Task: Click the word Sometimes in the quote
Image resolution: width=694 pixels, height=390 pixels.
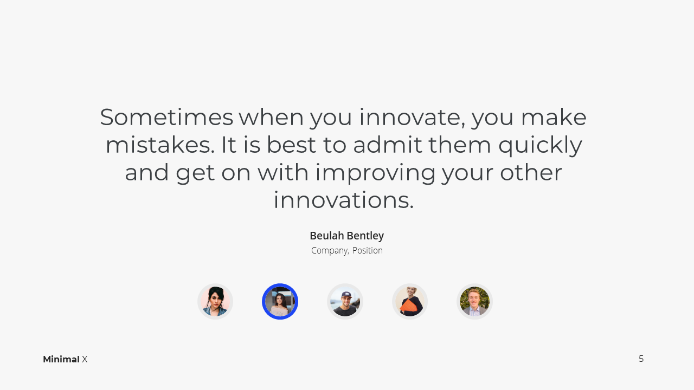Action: [166, 117]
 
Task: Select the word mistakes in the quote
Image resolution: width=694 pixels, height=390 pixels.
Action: [160, 145]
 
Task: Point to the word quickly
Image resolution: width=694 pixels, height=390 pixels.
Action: [541, 146]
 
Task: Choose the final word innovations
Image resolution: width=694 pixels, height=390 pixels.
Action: [344, 200]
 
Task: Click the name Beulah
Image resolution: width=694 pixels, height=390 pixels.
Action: [326, 236]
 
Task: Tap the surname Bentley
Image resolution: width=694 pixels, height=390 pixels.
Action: [365, 236]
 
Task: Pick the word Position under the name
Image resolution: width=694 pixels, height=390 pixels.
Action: [368, 250]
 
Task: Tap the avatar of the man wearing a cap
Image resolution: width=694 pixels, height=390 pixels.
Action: [345, 302]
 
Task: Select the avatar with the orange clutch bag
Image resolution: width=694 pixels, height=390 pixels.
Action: [410, 302]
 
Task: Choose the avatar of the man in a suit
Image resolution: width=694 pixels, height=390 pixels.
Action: [474, 302]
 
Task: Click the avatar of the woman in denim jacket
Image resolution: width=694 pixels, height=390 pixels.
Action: [215, 302]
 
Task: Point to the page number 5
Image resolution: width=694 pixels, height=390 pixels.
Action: [641, 359]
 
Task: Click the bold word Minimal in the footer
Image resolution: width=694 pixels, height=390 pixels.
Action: [61, 359]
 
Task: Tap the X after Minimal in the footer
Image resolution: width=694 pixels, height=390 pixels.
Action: [85, 359]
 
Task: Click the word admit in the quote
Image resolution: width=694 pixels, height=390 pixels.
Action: [387, 145]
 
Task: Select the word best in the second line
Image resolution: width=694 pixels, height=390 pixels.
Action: [291, 145]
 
